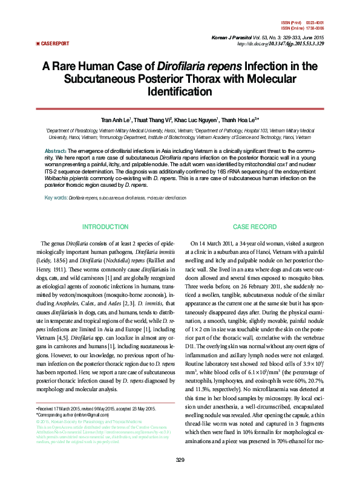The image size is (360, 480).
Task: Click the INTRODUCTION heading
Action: pyautogui.click(x=105, y=226)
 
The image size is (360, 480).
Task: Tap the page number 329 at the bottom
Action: pyautogui.click(x=180, y=461)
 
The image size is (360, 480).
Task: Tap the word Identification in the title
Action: pyautogui.click(x=180, y=92)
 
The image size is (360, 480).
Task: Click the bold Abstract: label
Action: pyautogui.click(x=56, y=151)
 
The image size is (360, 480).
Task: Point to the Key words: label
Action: pyautogui.click(x=56, y=198)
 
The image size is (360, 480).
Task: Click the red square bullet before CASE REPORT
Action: pyautogui.click(x=38, y=44)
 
